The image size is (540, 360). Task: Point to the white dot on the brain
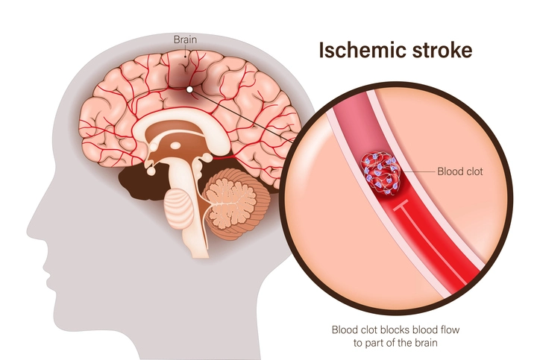click(190, 89)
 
